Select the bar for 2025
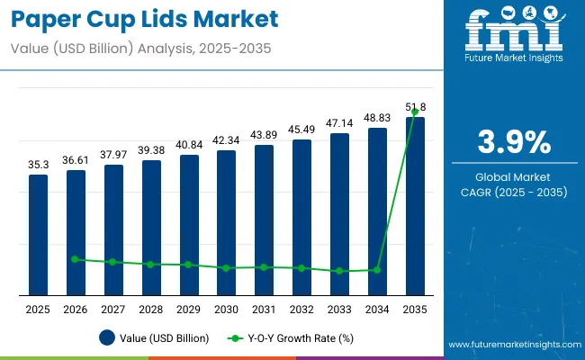(x=38, y=234)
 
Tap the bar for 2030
(x=226, y=222)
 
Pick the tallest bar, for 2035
(x=414, y=205)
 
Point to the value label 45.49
(x=301, y=129)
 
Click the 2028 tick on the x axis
(x=151, y=310)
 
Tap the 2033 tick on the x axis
(x=339, y=310)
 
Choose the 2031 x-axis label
(x=264, y=310)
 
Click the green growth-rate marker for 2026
(x=76, y=259)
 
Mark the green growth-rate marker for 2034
(x=377, y=269)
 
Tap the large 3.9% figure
(x=512, y=142)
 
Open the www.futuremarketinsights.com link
(x=513, y=345)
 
